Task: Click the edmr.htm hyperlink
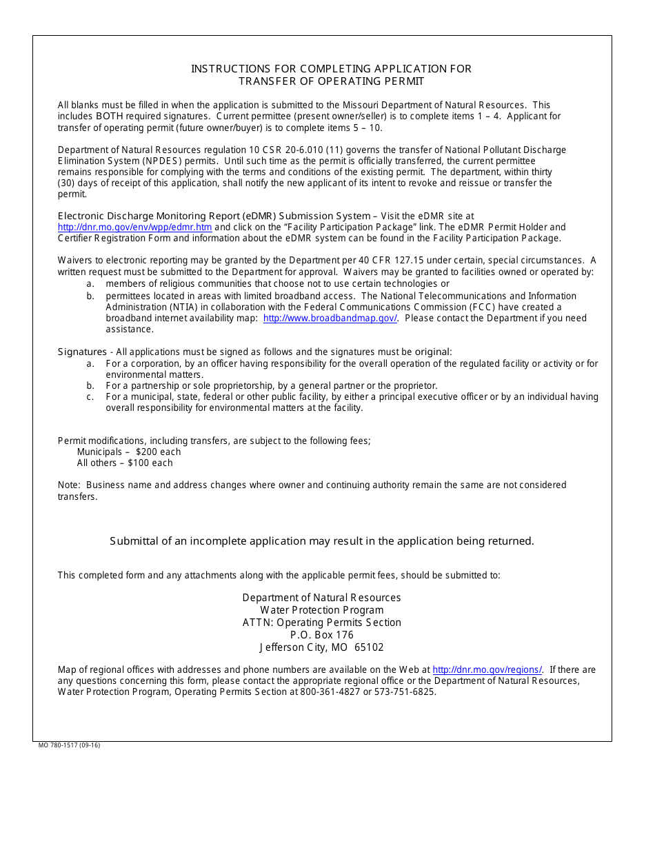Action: click(x=134, y=227)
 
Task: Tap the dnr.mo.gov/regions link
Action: click(x=487, y=669)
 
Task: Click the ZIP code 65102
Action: click(x=369, y=647)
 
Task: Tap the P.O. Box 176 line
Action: click(x=321, y=635)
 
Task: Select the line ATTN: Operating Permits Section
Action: click(x=321, y=623)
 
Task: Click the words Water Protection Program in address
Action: click(x=321, y=610)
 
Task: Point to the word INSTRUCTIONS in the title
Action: click(x=231, y=68)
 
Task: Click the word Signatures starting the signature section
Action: click(x=82, y=352)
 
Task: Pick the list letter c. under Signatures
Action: click(x=90, y=396)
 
